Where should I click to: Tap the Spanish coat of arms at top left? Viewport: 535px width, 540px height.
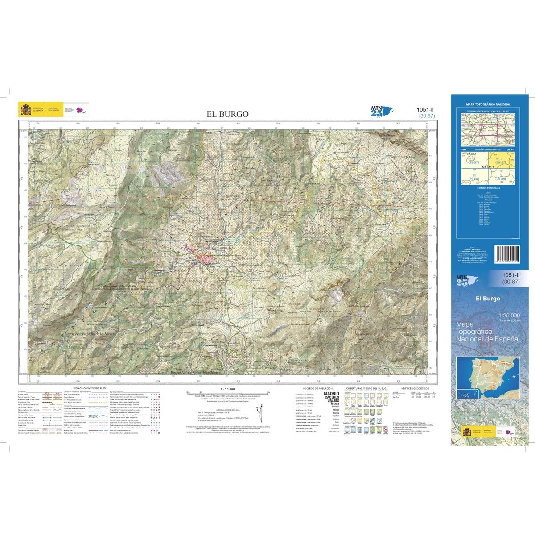(x=23, y=108)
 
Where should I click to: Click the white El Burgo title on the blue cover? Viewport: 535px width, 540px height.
(x=488, y=299)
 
